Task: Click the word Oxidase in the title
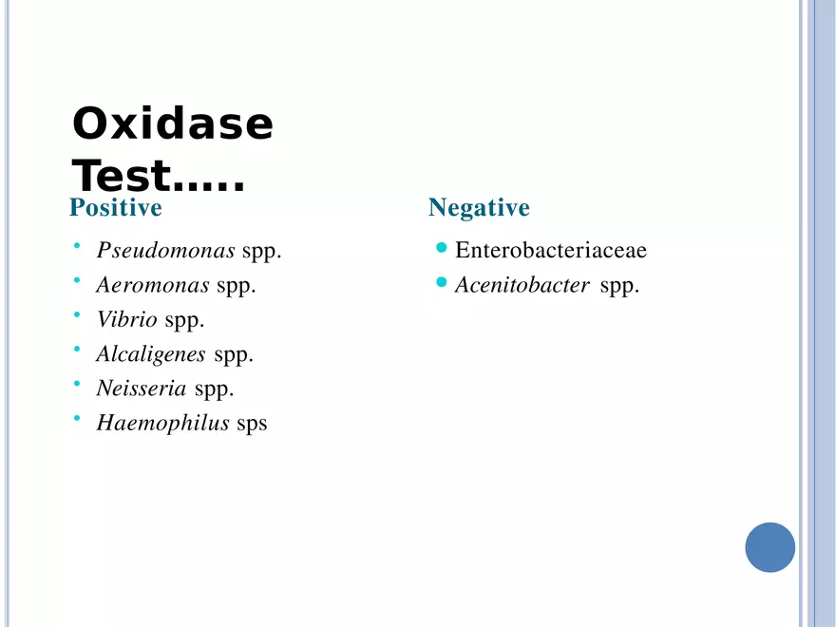tap(173, 123)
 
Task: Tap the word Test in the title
tap(122, 176)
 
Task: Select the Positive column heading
tap(116, 207)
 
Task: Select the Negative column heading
tap(479, 207)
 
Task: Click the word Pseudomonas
tap(166, 250)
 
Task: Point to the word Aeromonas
tap(153, 285)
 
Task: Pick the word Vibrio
tap(127, 319)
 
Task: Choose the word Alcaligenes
tap(151, 354)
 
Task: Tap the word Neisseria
tap(142, 389)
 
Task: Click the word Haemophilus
tap(162, 423)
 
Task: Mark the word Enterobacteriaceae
tap(551, 250)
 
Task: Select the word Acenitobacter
tap(522, 285)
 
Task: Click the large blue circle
tap(769, 547)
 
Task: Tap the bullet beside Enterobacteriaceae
tap(441, 247)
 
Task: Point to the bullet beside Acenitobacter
tap(441, 282)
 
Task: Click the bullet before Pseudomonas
tap(77, 246)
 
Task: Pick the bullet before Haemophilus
tap(77, 419)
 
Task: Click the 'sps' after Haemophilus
tap(252, 425)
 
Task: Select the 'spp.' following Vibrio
tap(184, 321)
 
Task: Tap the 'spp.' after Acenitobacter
tap(619, 286)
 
